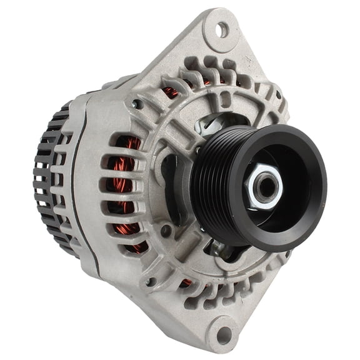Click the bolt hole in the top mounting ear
pos(221,28)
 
